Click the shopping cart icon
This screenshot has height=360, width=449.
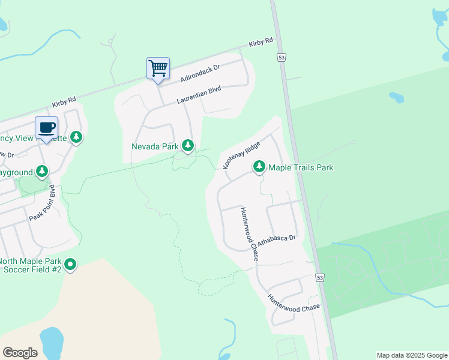pos(158,68)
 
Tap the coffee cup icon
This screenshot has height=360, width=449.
pos(47,127)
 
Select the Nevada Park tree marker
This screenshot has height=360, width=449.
pos(188,146)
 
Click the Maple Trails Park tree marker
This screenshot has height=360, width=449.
pos(259,166)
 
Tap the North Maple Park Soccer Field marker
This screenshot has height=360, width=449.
pos(70,264)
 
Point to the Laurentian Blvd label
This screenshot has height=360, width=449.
pos(199,95)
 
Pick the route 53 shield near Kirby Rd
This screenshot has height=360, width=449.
pos(281,57)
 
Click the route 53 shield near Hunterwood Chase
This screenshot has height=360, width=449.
pos(320,278)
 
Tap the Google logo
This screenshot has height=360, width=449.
pos(20,352)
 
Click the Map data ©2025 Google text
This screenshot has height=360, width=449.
pos(412,355)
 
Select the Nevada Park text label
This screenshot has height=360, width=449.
pos(155,146)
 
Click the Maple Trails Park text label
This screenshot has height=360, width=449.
pos(300,167)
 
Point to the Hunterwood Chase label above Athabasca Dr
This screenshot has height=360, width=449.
pos(249,233)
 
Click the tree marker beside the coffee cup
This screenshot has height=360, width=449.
pos(76,137)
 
